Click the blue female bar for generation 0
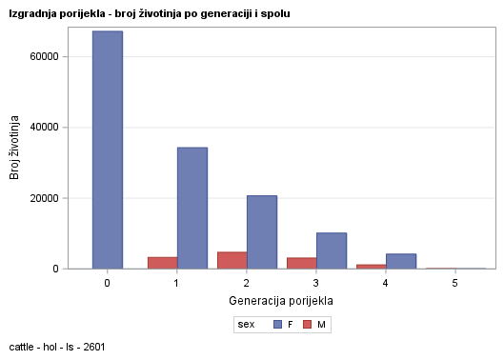[x=107, y=150]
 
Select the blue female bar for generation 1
[x=192, y=208]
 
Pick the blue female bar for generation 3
[x=331, y=250]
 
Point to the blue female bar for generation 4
[x=400, y=261]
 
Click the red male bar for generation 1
[x=162, y=263]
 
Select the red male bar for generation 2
[x=232, y=260]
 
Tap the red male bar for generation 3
[x=301, y=263]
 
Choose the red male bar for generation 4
[x=371, y=266]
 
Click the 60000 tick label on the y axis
[x=46, y=56]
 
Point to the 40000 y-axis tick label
[x=46, y=127]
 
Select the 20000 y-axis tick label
[x=46, y=198]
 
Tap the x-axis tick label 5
[x=454, y=283]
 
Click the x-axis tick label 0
[x=107, y=283]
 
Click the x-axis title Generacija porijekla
[x=280, y=301]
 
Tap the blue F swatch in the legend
[x=277, y=325]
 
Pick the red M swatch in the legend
[x=307, y=325]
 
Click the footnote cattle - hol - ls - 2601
[x=57, y=348]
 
